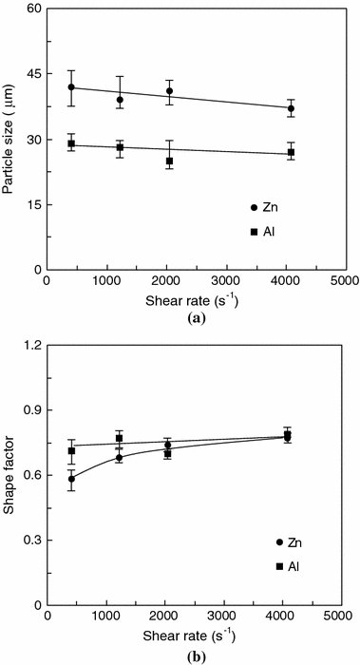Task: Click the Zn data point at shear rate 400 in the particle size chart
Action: tap(71, 87)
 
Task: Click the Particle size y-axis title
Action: tap(11, 140)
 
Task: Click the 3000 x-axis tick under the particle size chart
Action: tap(225, 282)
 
